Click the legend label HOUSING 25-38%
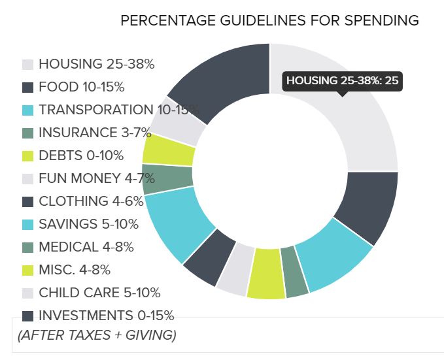coord(96,64)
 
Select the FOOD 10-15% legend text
coord(81,87)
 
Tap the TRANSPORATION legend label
coord(118,110)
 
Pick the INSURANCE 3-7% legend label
coord(95,133)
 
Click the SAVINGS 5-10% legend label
coord(88,224)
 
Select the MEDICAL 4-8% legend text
coord(86,247)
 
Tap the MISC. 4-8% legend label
coord(75,270)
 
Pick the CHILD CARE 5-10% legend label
coord(99,293)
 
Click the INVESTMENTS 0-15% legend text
coord(106,316)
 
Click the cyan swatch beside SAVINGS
coord(27,225)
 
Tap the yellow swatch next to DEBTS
coord(27,156)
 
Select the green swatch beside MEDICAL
coord(27,248)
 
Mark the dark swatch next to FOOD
coord(27,88)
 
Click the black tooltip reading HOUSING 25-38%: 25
coord(342,81)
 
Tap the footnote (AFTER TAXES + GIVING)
coord(96,336)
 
